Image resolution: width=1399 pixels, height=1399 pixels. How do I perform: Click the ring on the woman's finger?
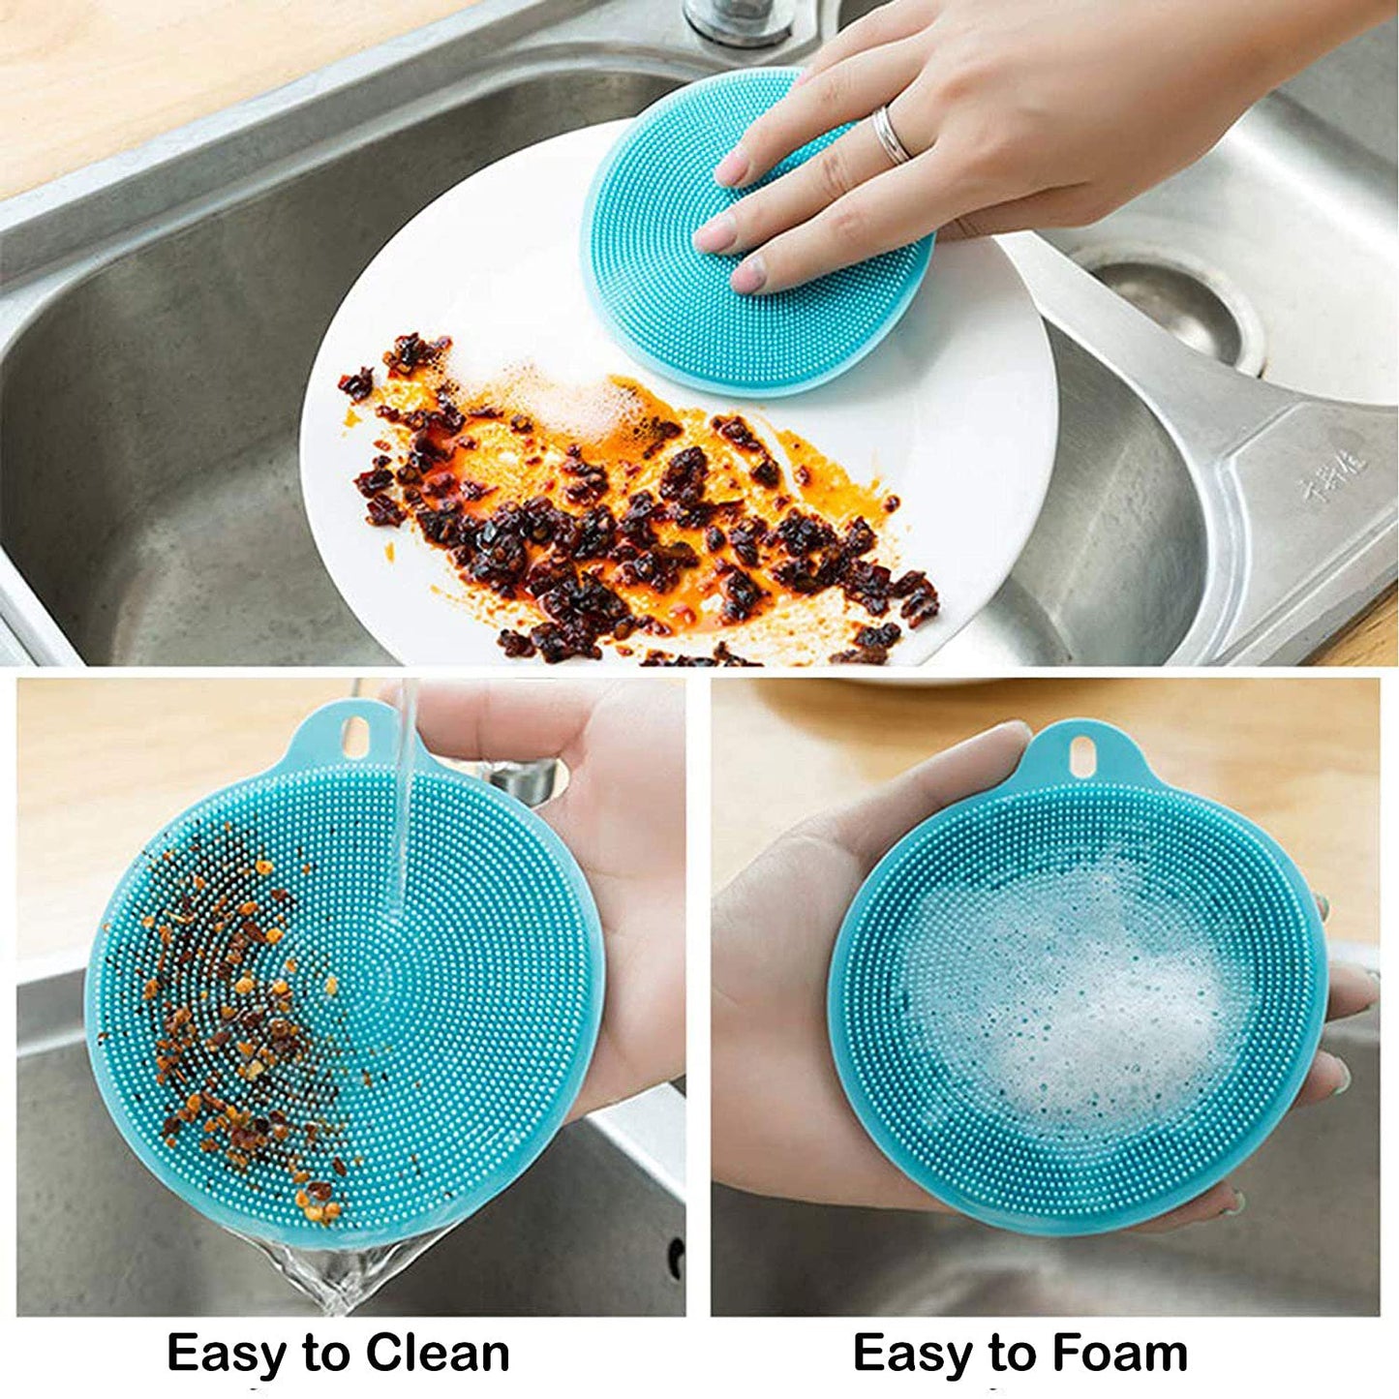click(x=892, y=137)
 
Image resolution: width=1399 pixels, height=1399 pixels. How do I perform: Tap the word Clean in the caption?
click(x=437, y=1353)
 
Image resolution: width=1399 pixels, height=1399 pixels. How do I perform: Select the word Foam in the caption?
click(x=1119, y=1353)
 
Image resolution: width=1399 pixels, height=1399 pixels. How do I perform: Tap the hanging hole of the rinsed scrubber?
click(x=355, y=738)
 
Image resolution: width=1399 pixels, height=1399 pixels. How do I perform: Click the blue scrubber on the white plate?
click(x=678, y=290)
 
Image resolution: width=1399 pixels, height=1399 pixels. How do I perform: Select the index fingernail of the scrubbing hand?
click(x=716, y=233)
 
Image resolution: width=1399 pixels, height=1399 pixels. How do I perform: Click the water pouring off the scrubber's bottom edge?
click(x=339, y=1278)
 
